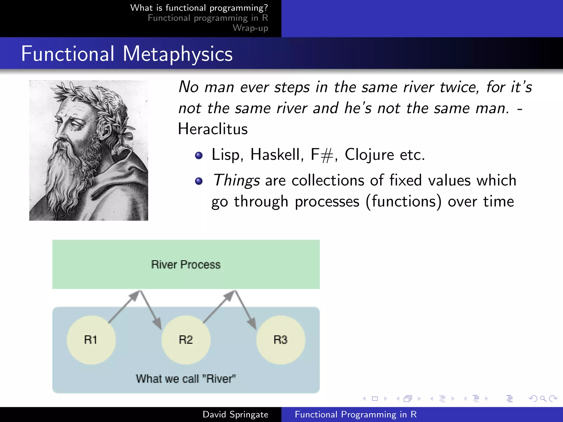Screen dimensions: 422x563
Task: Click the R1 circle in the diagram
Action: coord(91,340)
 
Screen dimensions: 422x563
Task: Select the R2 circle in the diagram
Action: coord(186,340)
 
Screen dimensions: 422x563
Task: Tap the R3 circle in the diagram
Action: coord(280,340)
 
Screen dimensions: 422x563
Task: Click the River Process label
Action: coord(186,265)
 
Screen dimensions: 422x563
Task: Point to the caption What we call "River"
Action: coord(186,379)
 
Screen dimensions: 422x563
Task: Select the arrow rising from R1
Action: coord(124,306)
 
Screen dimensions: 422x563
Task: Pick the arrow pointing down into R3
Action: coord(245,310)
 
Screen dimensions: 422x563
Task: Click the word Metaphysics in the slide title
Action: coord(178,54)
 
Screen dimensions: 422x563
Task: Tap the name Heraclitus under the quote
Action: coord(212,129)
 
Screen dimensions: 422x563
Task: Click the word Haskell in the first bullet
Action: coord(277,155)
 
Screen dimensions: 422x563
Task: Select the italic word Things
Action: coord(236,181)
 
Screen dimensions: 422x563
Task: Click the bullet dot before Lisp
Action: coord(198,156)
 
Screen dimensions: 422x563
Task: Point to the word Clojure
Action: coord(369,155)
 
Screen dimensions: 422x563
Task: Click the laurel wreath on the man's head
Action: coord(91,96)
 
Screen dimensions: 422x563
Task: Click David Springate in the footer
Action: coord(235,414)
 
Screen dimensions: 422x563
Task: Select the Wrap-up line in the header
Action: coord(250,28)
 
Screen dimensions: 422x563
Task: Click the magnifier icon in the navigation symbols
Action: coord(543,398)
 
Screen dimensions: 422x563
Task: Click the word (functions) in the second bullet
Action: coord(404,201)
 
